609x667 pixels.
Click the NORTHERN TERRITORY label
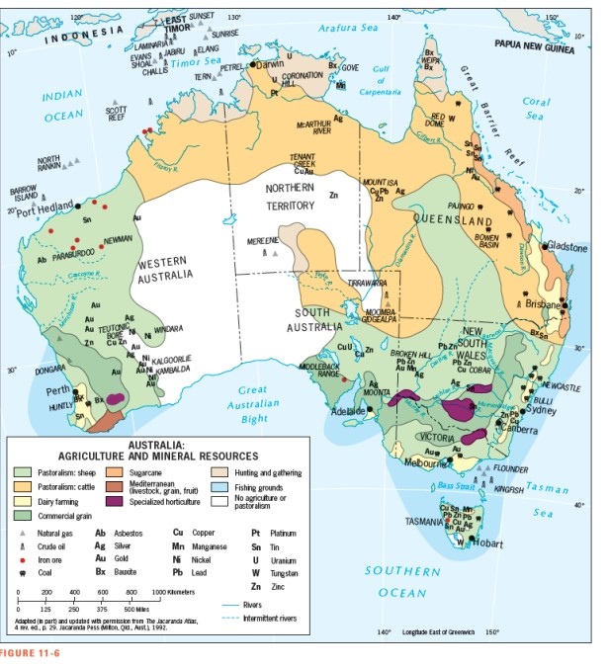pyautogui.click(x=290, y=196)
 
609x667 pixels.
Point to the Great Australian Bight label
pyautogui.click(x=252, y=404)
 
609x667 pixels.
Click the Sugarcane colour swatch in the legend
pyautogui.click(x=131, y=473)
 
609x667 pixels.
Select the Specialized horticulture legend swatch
pyautogui.click(x=131, y=501)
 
